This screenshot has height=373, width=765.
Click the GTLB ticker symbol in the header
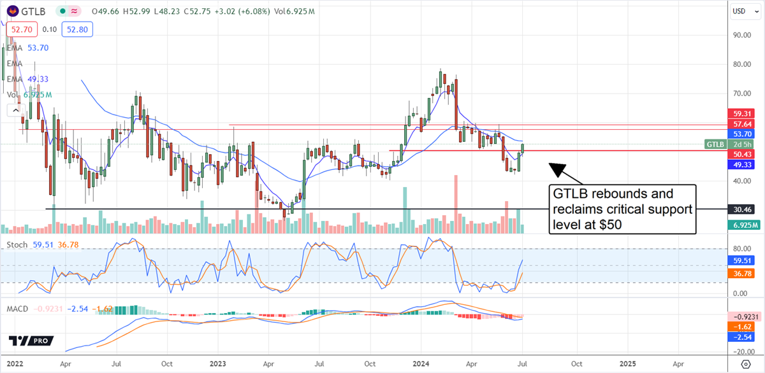click(x=33, y=11)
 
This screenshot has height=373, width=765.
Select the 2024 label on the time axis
click(x=422, y=363)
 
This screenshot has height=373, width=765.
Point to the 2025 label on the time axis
click(x=627, y=363)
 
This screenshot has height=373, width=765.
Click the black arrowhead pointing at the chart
click(x=556, y=169)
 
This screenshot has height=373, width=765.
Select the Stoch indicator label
click(x=16, y=244)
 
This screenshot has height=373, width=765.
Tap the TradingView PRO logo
click(x=31, y=341)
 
